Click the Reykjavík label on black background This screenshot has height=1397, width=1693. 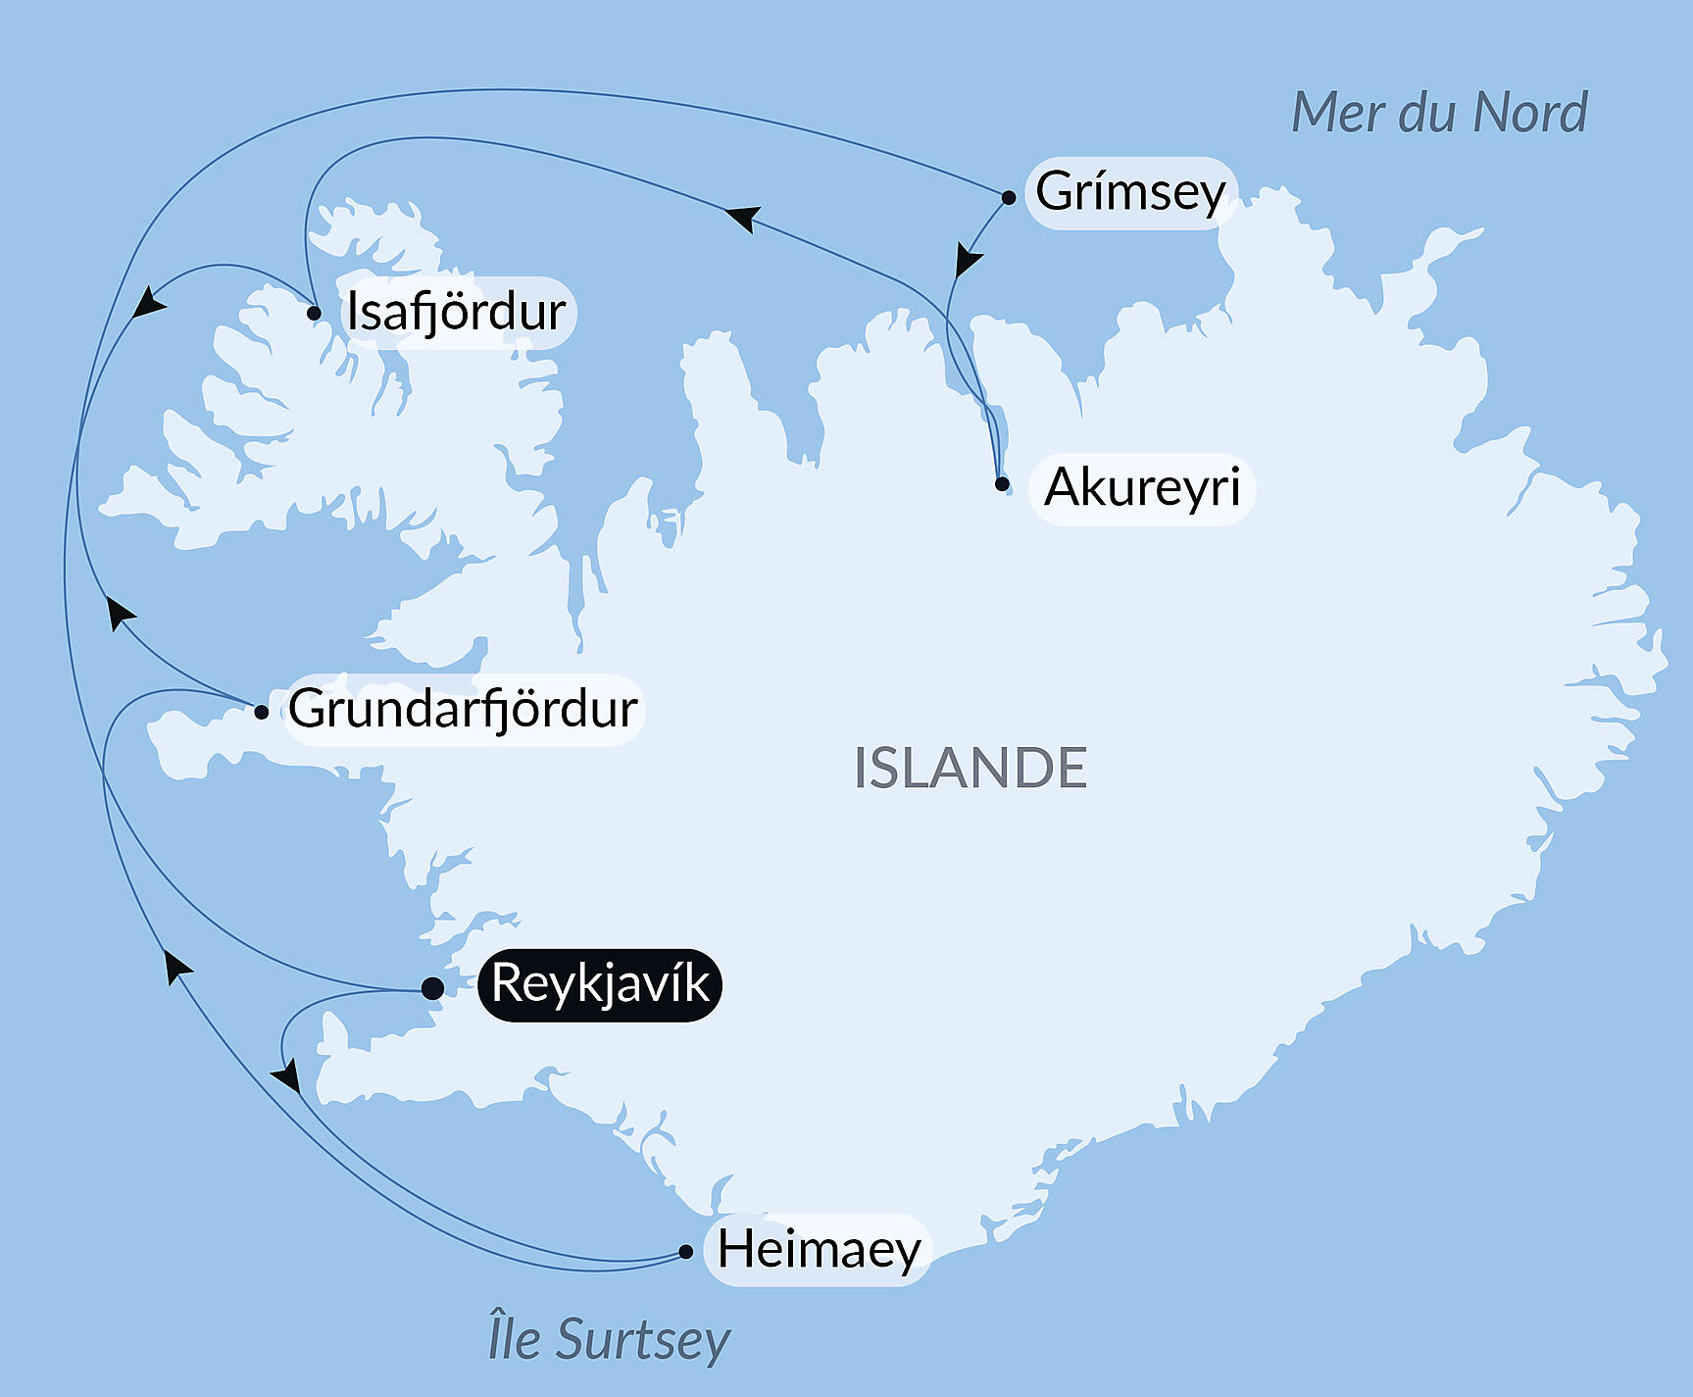click(599, 984)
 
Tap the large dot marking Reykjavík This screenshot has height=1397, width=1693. click(432, 988)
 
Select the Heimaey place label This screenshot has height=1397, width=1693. click(819, 1250)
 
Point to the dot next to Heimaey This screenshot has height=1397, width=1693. click(686, 1252)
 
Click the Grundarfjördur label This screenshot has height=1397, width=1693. click(463, 709)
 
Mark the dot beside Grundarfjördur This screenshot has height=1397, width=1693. click(261, 713)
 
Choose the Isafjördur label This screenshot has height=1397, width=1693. click(457, 312)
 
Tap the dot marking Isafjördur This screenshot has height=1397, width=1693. click(314, 314)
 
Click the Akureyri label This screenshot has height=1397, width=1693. click(1142, 487)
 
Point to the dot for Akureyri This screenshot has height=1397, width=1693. click(1002, 483)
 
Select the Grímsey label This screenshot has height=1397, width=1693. click(1130, 192)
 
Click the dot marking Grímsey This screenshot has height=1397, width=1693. click(1009, 198)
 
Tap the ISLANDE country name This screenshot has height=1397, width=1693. click(970, 768)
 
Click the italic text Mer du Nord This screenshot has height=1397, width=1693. click(1439, 113)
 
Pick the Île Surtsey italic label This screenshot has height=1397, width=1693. click(609, 1339)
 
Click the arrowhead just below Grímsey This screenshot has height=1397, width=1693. click(967, 261)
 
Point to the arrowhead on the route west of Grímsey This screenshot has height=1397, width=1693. click(744, 218)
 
